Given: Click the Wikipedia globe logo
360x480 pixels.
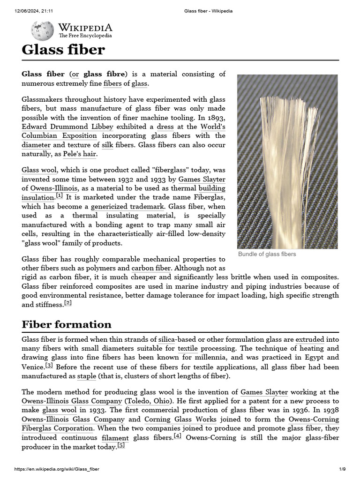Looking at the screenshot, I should click(x=42, y=30).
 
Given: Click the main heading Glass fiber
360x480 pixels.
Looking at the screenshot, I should click(x=63, y=50).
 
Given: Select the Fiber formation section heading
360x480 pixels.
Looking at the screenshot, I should click(x=67, y=324).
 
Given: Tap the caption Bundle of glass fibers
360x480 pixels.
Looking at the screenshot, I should click(x=267, y=254).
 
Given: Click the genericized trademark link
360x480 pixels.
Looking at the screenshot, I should click(x=127, y=206).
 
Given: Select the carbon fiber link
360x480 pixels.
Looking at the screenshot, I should click(x=151, y=268).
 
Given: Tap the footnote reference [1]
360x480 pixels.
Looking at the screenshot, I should click(x=59, y=195).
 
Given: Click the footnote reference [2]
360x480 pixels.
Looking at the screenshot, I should click(x=68, y=303).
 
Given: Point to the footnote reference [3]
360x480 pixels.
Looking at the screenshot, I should click(x=49, y=365).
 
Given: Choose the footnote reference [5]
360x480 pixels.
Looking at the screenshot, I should click(x=121, y=446).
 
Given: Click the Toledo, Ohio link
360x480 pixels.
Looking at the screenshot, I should click(x=150, y=401).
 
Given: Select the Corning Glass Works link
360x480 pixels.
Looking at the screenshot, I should click(x=180, y=420).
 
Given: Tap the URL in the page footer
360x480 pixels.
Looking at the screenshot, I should click(x=57, y=469).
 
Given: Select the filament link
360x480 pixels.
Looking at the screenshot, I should click(x=115, y=438).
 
